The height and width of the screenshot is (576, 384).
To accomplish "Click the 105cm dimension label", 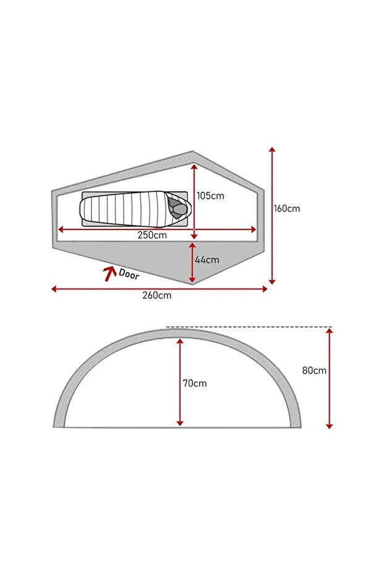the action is coord(210,196).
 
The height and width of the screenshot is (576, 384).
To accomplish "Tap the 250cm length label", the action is coord(152,235).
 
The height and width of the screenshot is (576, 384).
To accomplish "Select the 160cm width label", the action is coord(287,208).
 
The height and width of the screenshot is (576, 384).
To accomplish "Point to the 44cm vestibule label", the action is coord(207,260).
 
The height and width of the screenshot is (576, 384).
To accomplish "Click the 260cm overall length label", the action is coord(157,295).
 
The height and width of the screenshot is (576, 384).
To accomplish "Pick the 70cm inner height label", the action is coord(195,384).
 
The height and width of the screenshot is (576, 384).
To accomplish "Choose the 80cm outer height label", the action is coord(314,371).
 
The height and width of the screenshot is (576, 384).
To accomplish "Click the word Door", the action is coord(129,274).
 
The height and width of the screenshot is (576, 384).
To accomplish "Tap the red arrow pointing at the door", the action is coord(109,273).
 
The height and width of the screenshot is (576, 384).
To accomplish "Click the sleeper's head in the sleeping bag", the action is coord(181,209).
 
